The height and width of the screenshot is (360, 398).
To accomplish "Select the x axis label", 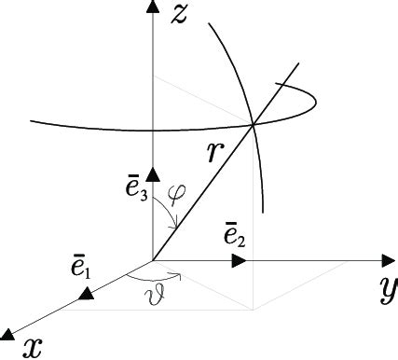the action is (x=34, y=347).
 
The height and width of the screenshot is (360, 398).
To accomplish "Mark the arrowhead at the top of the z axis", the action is (x=153, y=8).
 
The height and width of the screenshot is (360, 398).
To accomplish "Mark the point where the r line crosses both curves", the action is (x=254, y=123).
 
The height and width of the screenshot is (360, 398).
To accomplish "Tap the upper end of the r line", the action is (x=299, y=63).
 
